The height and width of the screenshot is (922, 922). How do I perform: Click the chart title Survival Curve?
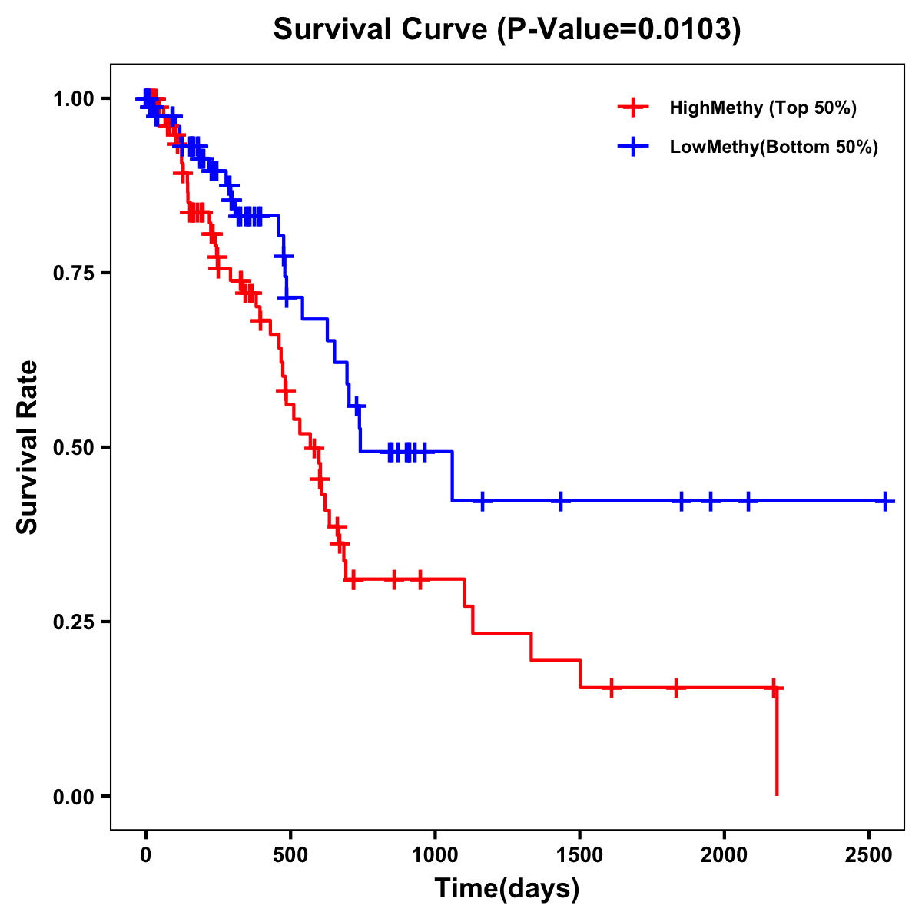507,30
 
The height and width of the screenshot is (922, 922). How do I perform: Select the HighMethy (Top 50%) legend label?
762,108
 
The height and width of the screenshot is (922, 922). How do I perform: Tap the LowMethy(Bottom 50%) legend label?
773,147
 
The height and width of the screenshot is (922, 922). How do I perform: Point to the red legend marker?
632,108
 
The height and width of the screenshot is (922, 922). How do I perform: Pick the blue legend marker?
632,147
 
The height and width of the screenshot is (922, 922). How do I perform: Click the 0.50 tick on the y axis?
74,447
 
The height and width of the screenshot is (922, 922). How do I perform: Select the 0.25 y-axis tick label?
74,622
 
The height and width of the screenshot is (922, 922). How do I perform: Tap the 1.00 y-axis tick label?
74,98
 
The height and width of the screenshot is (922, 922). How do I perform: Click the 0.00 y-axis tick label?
74,796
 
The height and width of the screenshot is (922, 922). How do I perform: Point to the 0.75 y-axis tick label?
74,273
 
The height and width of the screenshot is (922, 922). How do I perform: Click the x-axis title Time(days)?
507,889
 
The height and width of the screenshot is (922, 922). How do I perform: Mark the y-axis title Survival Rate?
28,447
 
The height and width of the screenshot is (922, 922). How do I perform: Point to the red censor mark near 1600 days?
612,688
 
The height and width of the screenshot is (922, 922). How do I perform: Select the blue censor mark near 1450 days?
561,501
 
